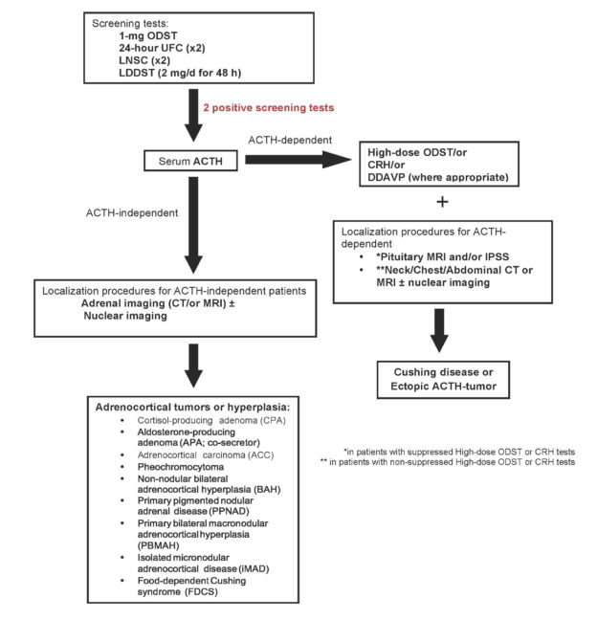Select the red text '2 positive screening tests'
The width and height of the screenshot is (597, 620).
269,108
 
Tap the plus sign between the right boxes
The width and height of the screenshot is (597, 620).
442,202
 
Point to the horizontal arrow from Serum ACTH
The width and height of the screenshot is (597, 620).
298,160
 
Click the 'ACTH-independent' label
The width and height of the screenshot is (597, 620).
132,213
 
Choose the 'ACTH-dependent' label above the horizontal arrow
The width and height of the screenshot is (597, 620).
290,140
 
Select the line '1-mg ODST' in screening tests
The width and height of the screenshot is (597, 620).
148,36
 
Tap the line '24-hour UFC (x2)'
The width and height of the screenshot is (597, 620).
162,48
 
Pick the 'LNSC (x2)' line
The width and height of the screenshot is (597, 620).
144,60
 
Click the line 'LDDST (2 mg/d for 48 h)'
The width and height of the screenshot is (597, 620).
180,73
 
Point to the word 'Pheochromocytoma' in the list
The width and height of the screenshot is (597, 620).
181,467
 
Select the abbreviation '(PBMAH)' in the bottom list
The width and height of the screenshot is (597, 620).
159,545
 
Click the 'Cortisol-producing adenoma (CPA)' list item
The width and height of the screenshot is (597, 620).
211,420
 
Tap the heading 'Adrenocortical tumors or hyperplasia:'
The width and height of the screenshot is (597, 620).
193,408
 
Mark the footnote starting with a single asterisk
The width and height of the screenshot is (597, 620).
459,452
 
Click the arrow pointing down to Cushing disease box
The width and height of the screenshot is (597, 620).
439,330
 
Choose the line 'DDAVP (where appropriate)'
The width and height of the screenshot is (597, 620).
438,177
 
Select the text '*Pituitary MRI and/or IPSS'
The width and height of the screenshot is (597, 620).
443,257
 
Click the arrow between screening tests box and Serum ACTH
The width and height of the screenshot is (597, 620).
193,116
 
